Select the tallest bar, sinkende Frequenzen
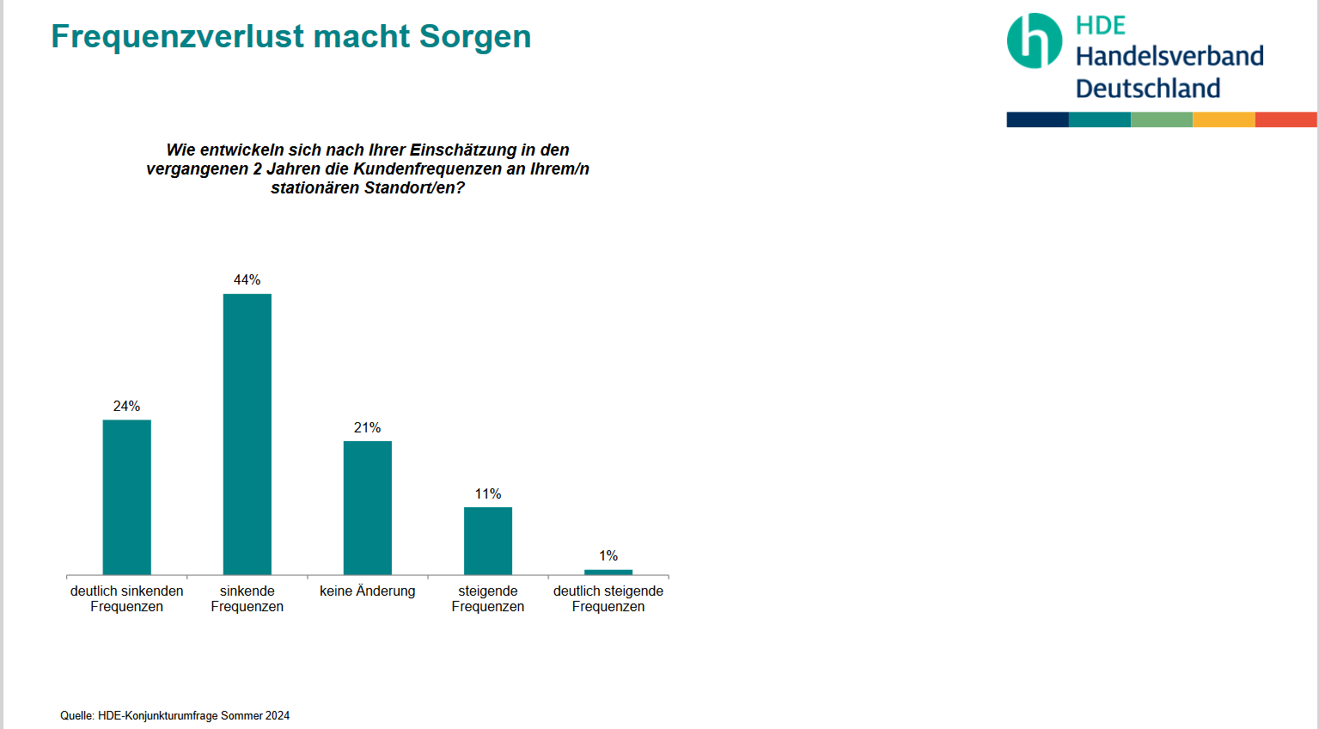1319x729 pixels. click(x=247, y=434)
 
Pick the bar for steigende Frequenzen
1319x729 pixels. click(x=487, y=541)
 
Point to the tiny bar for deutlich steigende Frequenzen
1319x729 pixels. click(x=608, y=572)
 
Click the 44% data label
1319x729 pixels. click(x=247, y=280)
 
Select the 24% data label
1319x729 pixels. click(x=126, y=407)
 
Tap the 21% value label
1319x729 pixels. click(x=367, y=428)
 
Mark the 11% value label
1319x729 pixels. click(x=487, y=494)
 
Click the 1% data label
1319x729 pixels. click(x=608, y=556)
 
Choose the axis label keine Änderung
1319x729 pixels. click(x=367, y=591)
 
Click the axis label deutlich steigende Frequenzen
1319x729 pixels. click(x=608, y=598)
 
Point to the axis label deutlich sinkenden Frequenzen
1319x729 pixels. click(x=126, y=598)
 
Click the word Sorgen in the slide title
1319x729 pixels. click(x=474, y=37)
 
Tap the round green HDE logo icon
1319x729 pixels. click(x=1035, y=40)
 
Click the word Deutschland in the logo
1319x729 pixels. click(x=1147, y=89)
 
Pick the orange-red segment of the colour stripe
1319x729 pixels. click(x=1285, y=119)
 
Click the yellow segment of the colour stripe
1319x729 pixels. click(x=1224, y=119)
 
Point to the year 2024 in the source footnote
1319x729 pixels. click(x=278, y=716)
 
